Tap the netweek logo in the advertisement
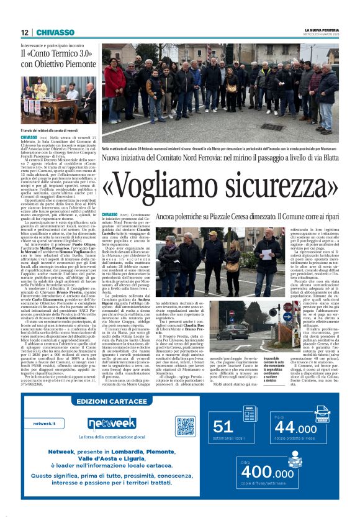(x=111, y=423)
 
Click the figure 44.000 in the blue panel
(x=295, y=428)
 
